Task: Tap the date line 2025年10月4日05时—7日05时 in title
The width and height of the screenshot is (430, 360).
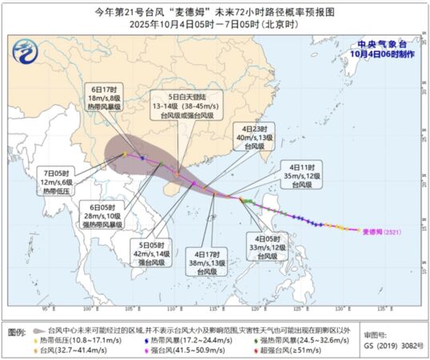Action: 214,24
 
